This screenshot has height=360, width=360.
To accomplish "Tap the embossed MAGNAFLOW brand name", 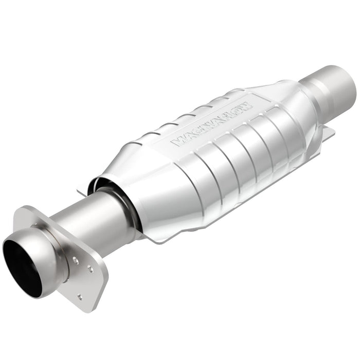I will coord(212,120).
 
